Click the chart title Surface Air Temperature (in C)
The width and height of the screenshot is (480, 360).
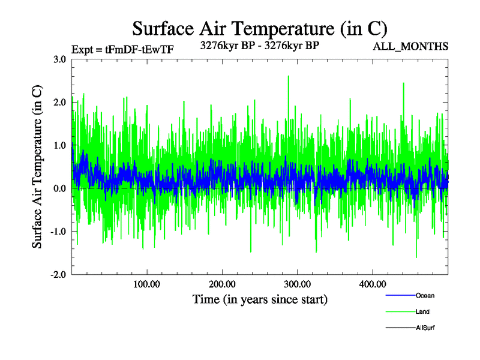pos(259,28)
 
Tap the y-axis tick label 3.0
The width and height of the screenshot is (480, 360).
pos(59,59)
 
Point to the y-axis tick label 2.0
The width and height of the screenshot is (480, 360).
pos(59,103)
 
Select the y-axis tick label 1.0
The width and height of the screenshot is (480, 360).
pos(59,146)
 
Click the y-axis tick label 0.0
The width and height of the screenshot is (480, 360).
pos(59,189)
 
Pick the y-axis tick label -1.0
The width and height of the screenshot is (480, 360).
pos(58,232)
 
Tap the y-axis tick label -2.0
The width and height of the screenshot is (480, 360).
pos(58,275)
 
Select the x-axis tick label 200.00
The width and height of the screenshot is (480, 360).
pos(222,284)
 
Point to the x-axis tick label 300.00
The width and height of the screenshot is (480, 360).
pos(297,284)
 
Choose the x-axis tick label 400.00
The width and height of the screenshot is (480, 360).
pos(372,284)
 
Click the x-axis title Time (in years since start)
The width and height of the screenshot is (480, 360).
pos(260,299)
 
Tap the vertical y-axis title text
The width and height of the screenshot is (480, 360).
pos(37,167)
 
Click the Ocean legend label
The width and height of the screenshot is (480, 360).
pos(425,295)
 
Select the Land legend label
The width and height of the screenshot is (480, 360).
pos(422,311)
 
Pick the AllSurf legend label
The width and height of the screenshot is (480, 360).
pos(425,328)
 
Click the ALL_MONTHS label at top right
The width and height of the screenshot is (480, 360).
pos(410,46)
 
